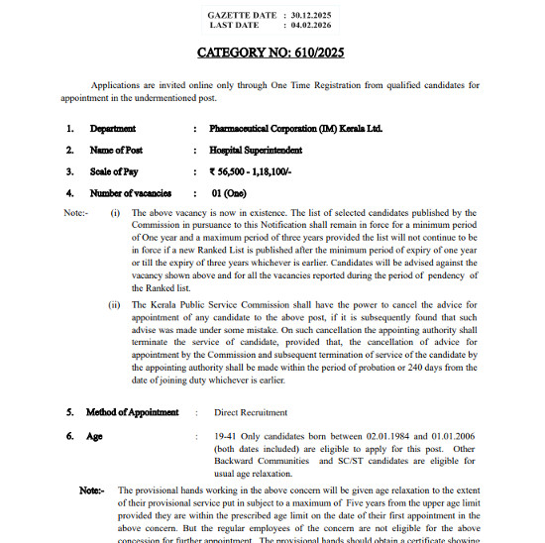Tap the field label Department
tap(112, 129)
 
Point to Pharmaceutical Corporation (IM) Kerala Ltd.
tap(295, 129)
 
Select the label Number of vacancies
tap(130, 193)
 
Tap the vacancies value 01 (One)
tap(228, 193)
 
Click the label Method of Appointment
tap(132, 412)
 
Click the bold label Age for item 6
tap(94, 436)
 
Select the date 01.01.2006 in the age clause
tap(452, 436)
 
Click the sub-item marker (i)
tap(115, 213)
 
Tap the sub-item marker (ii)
tap(114, 304)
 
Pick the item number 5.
tap(69, 412)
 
